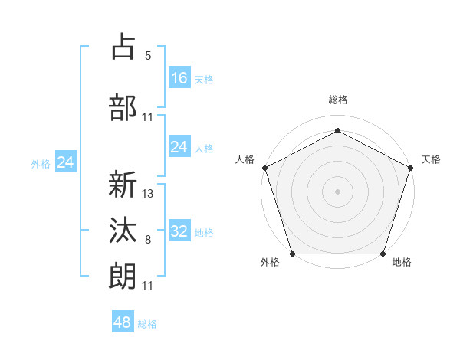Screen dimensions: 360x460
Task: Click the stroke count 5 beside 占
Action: pos(148,55)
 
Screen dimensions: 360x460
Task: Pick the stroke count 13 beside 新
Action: pos(148,194)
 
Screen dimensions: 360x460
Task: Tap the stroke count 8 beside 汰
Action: pos(148,240)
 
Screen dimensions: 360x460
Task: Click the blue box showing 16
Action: pos(179,78)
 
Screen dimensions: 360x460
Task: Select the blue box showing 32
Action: pos(179,231)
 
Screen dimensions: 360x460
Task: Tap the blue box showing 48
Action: pos(123,322)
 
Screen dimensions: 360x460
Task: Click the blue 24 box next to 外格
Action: pos(65,162)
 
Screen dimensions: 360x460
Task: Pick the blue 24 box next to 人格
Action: pos(179,147)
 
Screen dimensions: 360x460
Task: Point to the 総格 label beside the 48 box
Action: pos(147,324)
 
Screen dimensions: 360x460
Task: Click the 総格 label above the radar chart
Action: pos(337,100)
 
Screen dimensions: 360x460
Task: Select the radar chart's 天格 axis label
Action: pos(431,159)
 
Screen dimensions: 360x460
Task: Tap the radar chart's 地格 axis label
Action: pos(402,263)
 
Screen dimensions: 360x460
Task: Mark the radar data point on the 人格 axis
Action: pos(265,168)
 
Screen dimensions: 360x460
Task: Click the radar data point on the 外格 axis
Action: pos(293,254)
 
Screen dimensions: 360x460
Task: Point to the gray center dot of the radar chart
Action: pos(337,191)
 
